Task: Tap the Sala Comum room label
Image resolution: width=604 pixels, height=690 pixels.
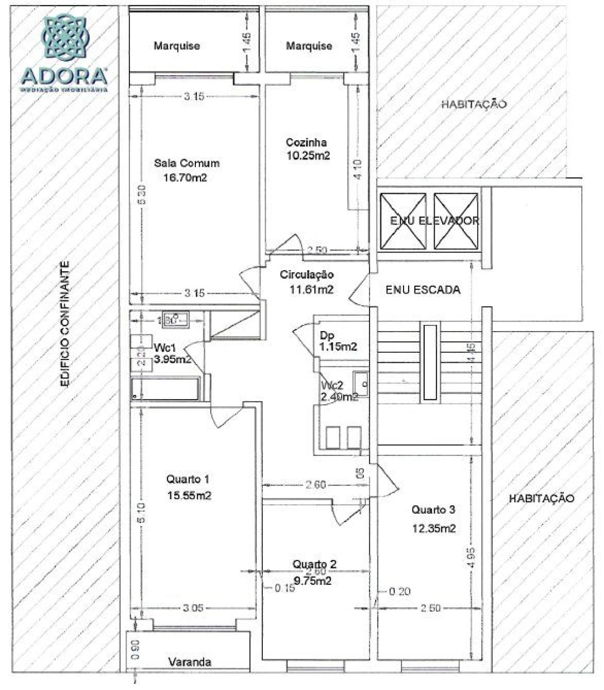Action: coord(186,163)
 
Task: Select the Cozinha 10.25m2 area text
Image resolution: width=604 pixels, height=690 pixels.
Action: coord(308,155)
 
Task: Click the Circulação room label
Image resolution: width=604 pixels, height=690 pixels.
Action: coord(307,274)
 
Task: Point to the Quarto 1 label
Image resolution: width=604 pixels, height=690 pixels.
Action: coord(188,479)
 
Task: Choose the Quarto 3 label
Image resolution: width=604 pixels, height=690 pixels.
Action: coord(433,510)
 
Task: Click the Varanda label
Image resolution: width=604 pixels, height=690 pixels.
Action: coord(190,662)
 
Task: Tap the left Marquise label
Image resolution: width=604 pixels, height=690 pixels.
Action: coord(176,46)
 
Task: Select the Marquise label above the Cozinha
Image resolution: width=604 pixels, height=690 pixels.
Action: coord(309,46)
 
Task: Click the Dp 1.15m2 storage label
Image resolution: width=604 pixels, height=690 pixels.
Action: coord(338,341)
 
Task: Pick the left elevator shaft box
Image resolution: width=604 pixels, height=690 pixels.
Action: coord(403,221)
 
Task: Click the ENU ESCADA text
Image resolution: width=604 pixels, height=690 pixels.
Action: coord(423,290)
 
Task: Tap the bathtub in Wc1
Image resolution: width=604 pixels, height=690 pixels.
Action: coord(165,389)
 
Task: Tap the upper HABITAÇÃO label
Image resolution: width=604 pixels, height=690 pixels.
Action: coord(474,104)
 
